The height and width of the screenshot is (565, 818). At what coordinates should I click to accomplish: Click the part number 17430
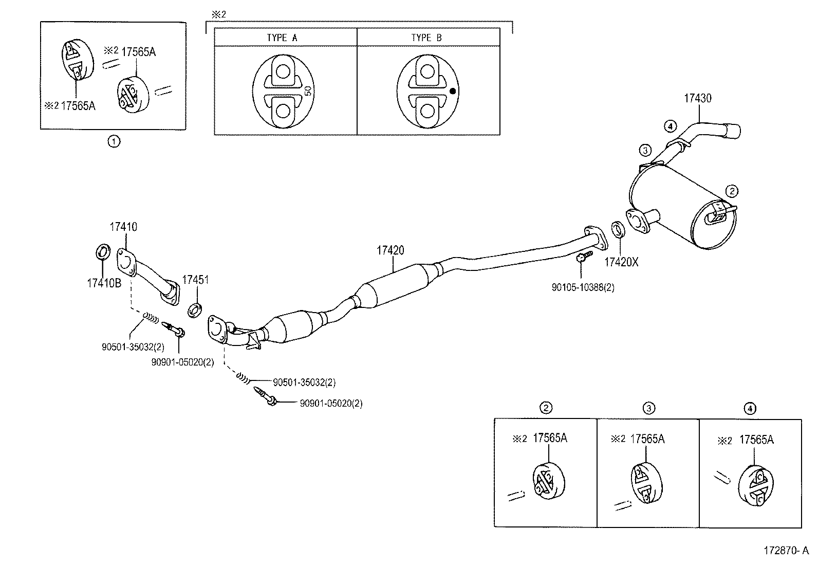[697, 98]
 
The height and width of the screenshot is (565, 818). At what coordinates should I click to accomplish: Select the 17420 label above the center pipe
[390, 250]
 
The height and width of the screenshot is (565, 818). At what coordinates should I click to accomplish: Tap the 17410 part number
[123, 227]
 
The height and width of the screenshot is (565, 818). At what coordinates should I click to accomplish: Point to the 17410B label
[104, 283]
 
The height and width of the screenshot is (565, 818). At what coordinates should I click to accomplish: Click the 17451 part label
[196, 280]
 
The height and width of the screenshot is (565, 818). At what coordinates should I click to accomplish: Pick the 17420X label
[621, 262]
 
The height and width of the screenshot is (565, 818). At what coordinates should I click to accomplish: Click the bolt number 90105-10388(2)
[583, 288]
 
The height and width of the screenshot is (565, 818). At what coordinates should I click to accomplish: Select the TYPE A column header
[282, 38]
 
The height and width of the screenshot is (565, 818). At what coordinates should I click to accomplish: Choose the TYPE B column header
[426, 38]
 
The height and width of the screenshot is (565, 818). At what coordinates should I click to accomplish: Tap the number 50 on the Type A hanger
[308, 92]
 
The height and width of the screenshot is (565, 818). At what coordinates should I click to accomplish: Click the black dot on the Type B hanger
[453, 92]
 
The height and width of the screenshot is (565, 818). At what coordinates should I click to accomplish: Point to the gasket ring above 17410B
[102, 252]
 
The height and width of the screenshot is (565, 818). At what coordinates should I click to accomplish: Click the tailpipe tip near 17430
[732, 131]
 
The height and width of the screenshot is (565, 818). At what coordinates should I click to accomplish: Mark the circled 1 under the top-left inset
[114, 141]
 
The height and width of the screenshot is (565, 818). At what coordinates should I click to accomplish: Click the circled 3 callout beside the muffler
[645, 150]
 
